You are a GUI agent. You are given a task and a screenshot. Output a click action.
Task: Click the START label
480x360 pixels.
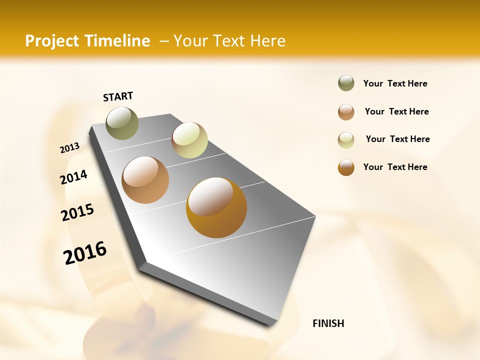coord(118,96)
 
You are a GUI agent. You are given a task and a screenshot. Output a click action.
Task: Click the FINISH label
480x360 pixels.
coord(328,323)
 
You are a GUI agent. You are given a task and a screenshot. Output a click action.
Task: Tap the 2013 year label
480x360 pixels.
coord(70,148)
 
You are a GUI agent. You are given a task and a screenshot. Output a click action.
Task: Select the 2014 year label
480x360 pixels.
coord(73,177)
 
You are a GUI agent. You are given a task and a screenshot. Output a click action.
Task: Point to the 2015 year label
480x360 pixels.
coord(77,212)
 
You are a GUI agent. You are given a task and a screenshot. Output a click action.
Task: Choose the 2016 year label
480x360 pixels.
coord(85,252)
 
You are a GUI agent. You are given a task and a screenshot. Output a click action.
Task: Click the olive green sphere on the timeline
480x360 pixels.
coord(122,123)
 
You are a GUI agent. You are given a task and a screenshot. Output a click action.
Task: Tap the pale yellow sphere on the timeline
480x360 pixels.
coord(189,140)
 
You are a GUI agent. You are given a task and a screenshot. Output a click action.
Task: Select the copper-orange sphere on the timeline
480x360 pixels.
coord(145,180)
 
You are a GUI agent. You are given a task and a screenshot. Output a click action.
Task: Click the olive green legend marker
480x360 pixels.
coord(346,83)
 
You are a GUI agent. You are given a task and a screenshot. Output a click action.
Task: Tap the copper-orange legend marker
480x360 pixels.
coord(346,112)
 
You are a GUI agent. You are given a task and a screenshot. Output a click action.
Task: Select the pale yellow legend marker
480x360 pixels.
coord(346,139)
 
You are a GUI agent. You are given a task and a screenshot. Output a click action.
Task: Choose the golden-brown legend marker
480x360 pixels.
coord(346,167)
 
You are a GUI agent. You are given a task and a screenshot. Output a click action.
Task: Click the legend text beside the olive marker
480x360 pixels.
coord(395,83)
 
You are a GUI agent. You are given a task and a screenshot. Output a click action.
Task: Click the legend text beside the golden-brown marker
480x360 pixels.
coord(395,167)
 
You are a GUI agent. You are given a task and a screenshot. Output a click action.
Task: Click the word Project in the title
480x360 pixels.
coord(52,41)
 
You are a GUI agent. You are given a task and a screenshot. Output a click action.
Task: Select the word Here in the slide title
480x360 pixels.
coord(267,41)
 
